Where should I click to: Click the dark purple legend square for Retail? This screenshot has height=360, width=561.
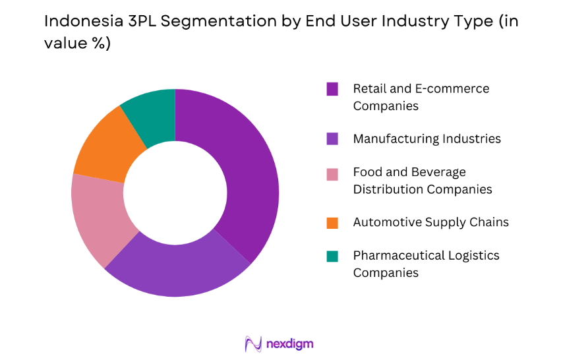coord(332,88)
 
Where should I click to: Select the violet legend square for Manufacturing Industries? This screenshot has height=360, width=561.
coord(332,138)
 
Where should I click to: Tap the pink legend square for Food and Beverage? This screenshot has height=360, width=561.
coord(332,173)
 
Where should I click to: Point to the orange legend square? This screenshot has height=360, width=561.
coord(332,222)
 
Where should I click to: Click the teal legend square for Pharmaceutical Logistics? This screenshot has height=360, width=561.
coord(332,256)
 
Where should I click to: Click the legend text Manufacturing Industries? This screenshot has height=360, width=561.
coord(427,138)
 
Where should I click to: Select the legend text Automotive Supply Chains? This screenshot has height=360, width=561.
coord(430,222)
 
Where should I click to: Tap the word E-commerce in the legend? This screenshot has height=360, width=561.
coord(456,88)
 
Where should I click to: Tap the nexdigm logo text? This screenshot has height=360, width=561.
coord(290,344)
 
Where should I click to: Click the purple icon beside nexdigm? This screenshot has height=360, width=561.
coord(254,344)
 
